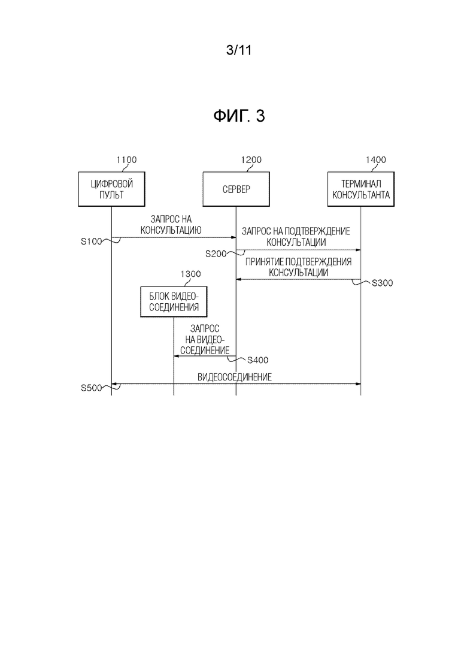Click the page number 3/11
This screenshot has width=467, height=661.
[x=239, y=50]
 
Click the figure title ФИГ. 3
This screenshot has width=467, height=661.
[x=239, y=116]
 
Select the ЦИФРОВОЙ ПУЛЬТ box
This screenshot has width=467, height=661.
[x=111, y=189]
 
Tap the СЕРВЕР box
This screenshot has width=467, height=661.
[x=236, y=189]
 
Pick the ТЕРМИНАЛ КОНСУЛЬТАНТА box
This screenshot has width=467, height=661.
[x=361, y=189]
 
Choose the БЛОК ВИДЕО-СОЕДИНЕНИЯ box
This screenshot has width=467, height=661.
[x=174, y=301]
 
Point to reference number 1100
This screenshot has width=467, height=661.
[x=126, y=160]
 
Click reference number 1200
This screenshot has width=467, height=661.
[x=251, y=160]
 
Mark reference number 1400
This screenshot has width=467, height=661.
[x=375, y=160]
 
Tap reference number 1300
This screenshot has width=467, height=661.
[x=190, y=274]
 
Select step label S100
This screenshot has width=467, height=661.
[x=92, y=242]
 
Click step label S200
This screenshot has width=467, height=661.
[x=216, y=253]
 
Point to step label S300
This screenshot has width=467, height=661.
[x=383, y=283]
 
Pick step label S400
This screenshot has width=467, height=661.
[x=257, y=360]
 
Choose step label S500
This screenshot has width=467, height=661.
[x=92, y=388]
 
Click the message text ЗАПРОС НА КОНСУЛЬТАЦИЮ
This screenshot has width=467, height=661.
[x=171, y=225]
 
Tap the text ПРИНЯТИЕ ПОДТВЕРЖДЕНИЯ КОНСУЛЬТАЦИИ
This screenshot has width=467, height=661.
[x=298, y=267]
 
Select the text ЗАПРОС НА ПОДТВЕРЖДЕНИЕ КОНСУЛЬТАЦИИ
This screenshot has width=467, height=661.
[x=296, y=237]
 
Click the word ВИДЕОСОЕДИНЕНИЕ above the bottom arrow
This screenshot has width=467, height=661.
[x=235, y=377]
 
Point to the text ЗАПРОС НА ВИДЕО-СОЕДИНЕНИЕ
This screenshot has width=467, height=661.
[x=205, y=339]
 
